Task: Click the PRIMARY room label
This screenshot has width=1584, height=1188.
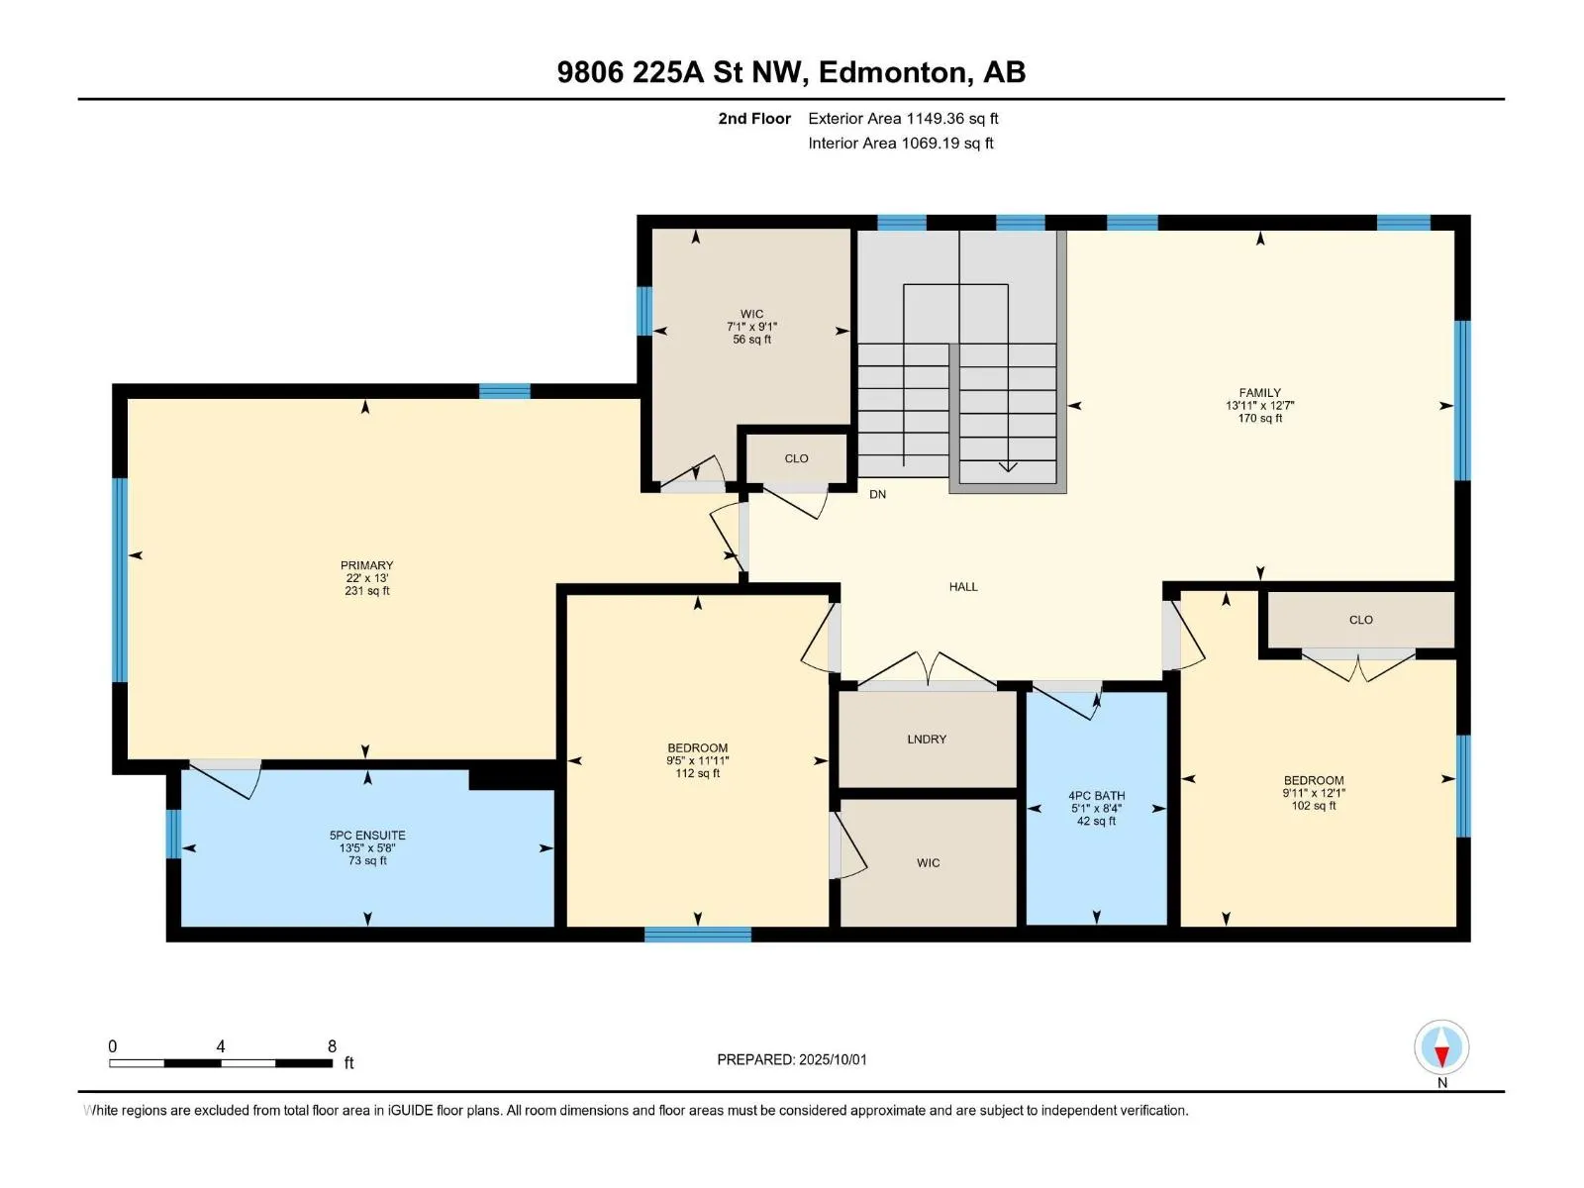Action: point(366,564)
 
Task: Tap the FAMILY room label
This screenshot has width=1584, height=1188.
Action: point(1259,392)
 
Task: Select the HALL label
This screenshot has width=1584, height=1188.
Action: point(962,586)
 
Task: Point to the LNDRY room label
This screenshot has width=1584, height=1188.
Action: point(926,739)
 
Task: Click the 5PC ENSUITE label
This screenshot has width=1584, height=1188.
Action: point(367,835)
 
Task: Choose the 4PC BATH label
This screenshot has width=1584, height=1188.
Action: point(1096,795)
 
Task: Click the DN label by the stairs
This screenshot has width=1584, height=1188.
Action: point(877,494)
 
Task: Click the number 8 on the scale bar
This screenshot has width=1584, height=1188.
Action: point(332,1045)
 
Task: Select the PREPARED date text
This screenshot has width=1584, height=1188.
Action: point(792,1059)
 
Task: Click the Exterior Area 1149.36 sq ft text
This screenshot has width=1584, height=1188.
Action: point(903,118)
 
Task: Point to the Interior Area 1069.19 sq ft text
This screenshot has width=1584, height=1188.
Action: point(900,143)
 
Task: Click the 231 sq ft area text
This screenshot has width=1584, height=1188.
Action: point(366,591)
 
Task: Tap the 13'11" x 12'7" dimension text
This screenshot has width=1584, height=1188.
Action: point(1259,405)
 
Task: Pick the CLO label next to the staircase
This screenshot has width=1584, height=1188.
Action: point(796,458)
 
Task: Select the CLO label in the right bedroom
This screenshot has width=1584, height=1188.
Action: point(1360,620)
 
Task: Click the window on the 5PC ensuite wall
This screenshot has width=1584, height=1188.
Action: point(173,834)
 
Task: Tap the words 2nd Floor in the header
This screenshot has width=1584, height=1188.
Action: point(754,118)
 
